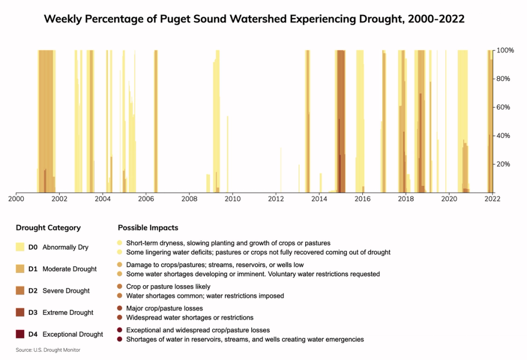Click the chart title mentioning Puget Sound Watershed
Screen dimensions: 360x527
(x=254, y=20)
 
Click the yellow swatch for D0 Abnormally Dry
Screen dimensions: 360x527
(x=20, y=247)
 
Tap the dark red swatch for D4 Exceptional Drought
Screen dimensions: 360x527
(x=20, y=334)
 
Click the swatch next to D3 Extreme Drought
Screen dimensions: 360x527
(x=20, y=313)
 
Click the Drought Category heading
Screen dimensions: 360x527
(x=48, y=228)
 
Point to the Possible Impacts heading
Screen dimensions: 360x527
(x=148, y=228)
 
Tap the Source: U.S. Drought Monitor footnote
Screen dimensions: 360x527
(x=48, y=350)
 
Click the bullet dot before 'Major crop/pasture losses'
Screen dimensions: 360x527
(x=120, y=308)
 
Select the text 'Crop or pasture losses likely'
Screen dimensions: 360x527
(x=168, y=286)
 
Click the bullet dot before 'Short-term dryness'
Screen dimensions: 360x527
(x=120, y=243)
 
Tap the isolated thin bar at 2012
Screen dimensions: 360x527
(x=281, y=170)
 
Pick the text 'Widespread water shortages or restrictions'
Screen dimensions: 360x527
(x=189, y=318)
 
